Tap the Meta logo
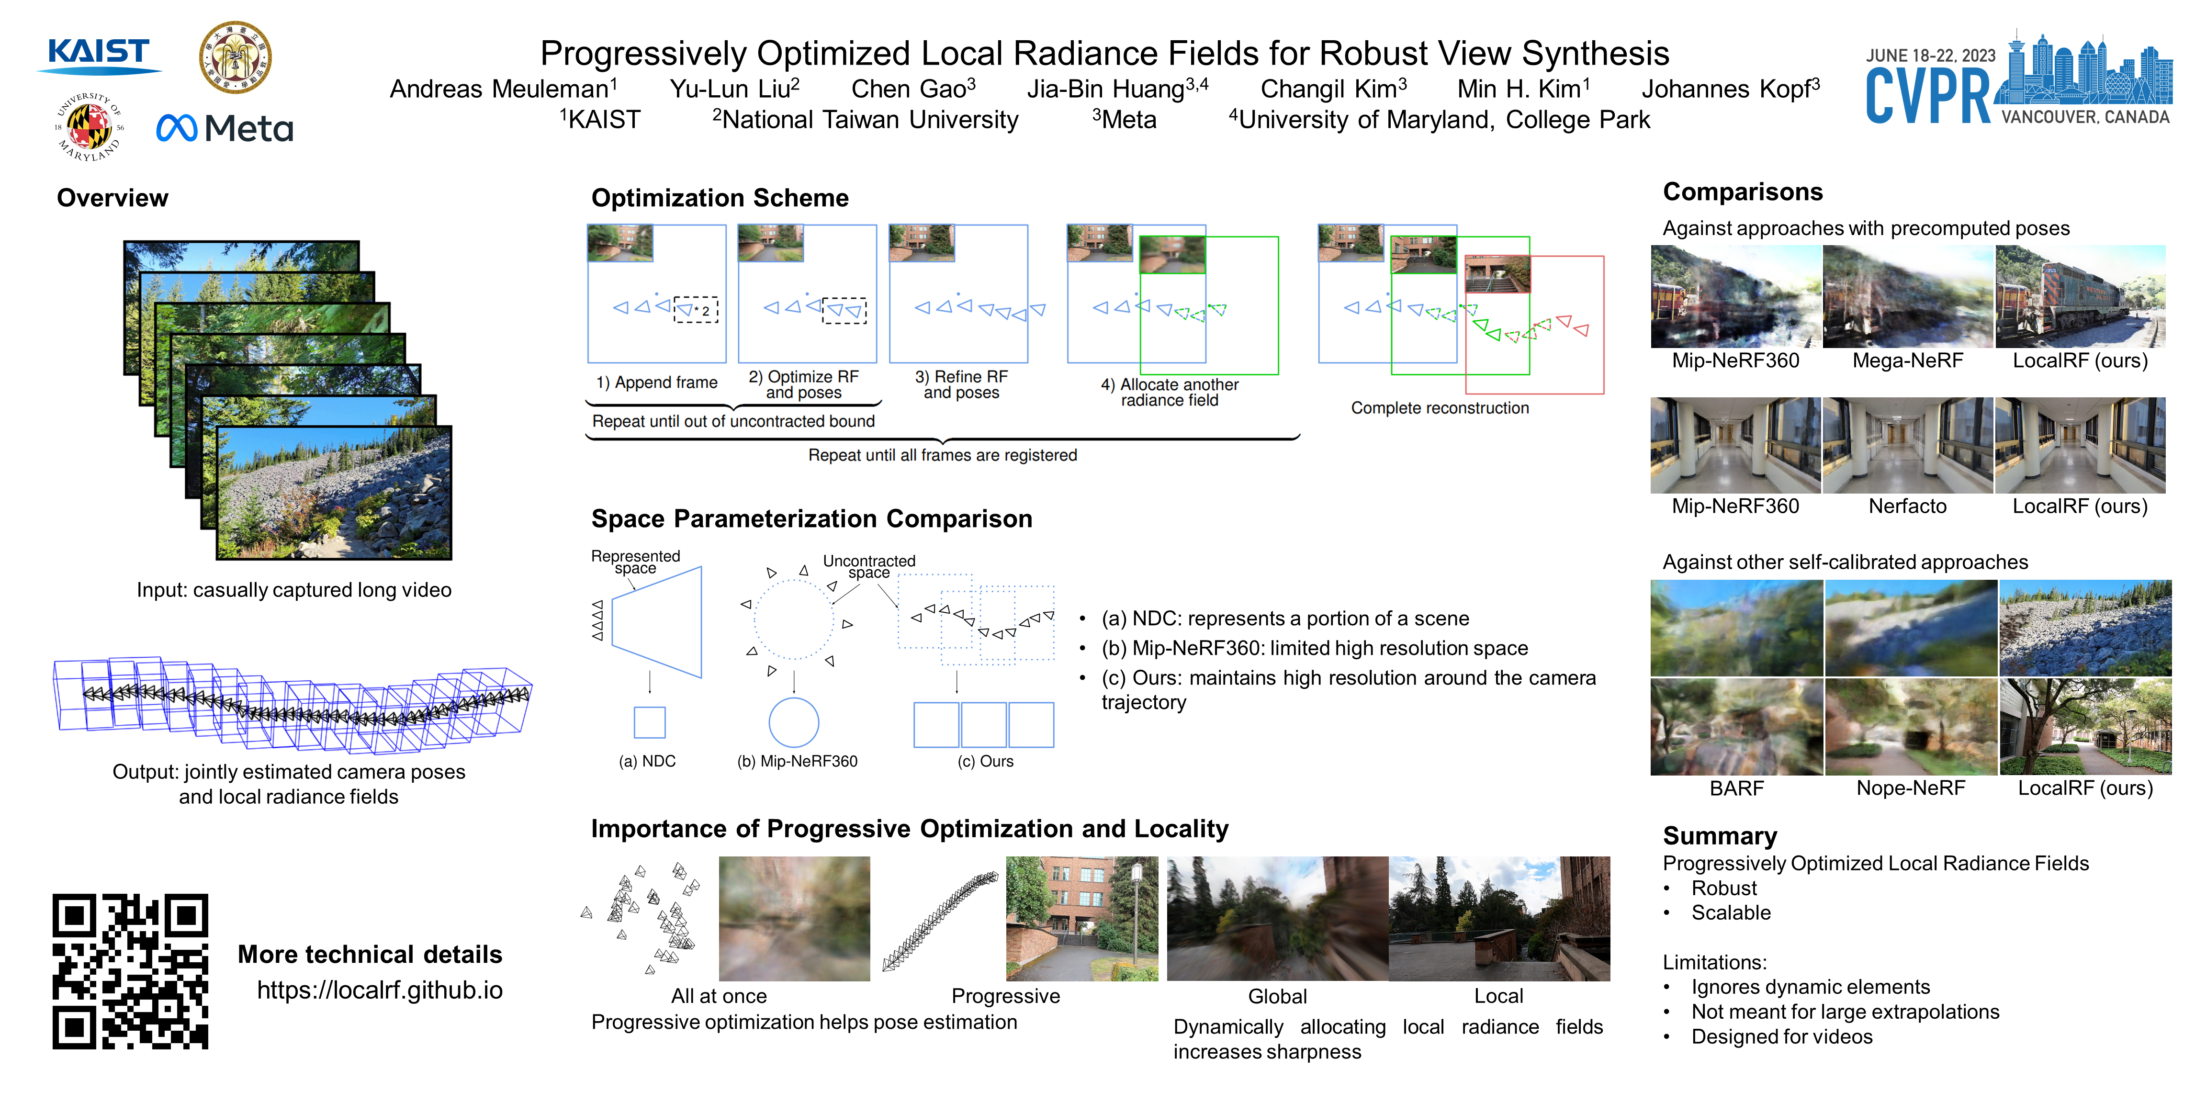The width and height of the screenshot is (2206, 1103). (225, 128)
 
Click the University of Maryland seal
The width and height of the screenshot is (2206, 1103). (89, 127)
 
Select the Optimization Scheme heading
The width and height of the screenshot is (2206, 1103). (720, 198)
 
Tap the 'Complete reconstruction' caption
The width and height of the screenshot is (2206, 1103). (1440, 407)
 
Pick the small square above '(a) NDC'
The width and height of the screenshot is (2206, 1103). (649, 722)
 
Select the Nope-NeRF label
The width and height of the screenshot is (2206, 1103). (1911, 788)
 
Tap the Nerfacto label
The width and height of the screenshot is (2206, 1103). (1907, 506)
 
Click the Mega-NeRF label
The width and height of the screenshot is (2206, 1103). (1907, 360)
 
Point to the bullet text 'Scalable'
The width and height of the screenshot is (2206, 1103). (1731, 913)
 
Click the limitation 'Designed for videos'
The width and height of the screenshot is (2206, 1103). (1781, 1037)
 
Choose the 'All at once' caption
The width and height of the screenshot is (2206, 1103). (719, 996)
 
